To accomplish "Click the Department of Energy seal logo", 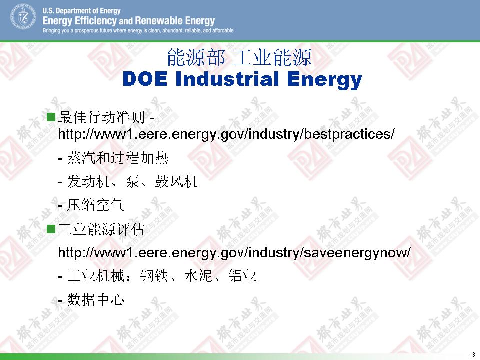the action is (x=23, y=17).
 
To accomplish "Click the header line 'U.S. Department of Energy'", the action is (x=81, y=11).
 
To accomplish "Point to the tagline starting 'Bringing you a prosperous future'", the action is (x=138, y=30).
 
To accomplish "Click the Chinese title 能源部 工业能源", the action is (x=239, y=57).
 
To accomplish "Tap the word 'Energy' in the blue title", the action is (x=324, y=80).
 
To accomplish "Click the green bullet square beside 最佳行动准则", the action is (x=51, y=117).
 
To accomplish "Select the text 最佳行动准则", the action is (x=101, y=117).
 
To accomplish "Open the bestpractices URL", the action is (x=226, y=134).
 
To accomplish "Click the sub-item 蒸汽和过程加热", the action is (x=117, y=158).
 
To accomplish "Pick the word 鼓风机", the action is (x=176, y=181).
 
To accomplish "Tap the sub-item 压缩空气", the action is (x=95, y=205).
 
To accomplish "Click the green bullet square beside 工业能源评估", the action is (x=51, y=229).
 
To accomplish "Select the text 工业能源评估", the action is (x=101, y=229).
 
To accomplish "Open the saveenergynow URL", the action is (x=234, y=253).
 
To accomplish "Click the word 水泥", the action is (x=198, y=276).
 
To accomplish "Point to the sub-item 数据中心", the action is (x=95, y=299).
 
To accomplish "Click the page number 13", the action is (x=471, y=354).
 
